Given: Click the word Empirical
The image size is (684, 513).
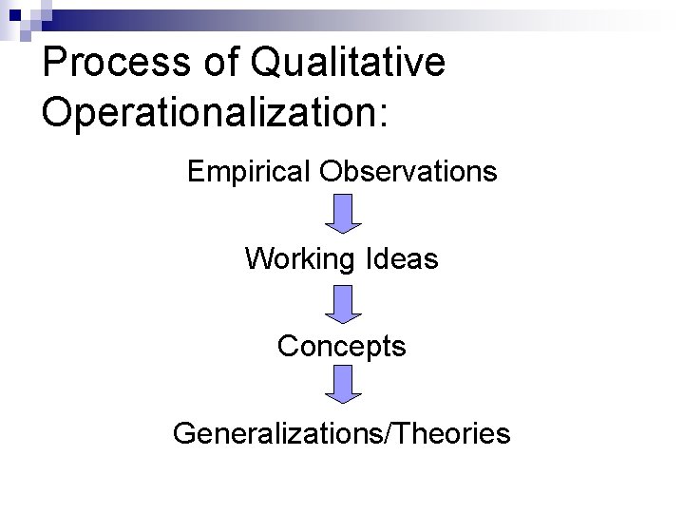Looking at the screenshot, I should pyautogui.click(x=250, y=172).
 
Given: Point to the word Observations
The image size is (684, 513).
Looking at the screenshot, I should pyautogui.click(x=408, y=172).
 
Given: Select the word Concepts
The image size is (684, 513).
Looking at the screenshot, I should pyautogui.click(x=342, y=347).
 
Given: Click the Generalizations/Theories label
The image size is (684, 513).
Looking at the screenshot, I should pyautogui.click(x=342, y=434).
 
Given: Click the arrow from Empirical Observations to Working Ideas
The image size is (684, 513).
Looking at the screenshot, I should pyautogui.click(x=343, y=213).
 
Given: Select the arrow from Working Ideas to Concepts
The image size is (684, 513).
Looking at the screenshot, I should pyautogui.click(x=343, y=303).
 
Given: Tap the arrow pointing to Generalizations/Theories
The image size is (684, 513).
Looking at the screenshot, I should pyautogui.click(x=343, y=384).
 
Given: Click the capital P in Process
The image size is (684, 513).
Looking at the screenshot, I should pyautogui.click(x=55, y=64).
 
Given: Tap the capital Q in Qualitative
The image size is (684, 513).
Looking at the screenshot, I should pyautogui.click(x=269, y=64).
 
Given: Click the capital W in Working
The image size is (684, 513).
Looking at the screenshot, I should pyautogui.click(x=258, y=258).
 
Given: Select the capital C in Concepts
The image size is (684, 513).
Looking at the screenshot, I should pyautogui.click(x=288, y=347).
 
